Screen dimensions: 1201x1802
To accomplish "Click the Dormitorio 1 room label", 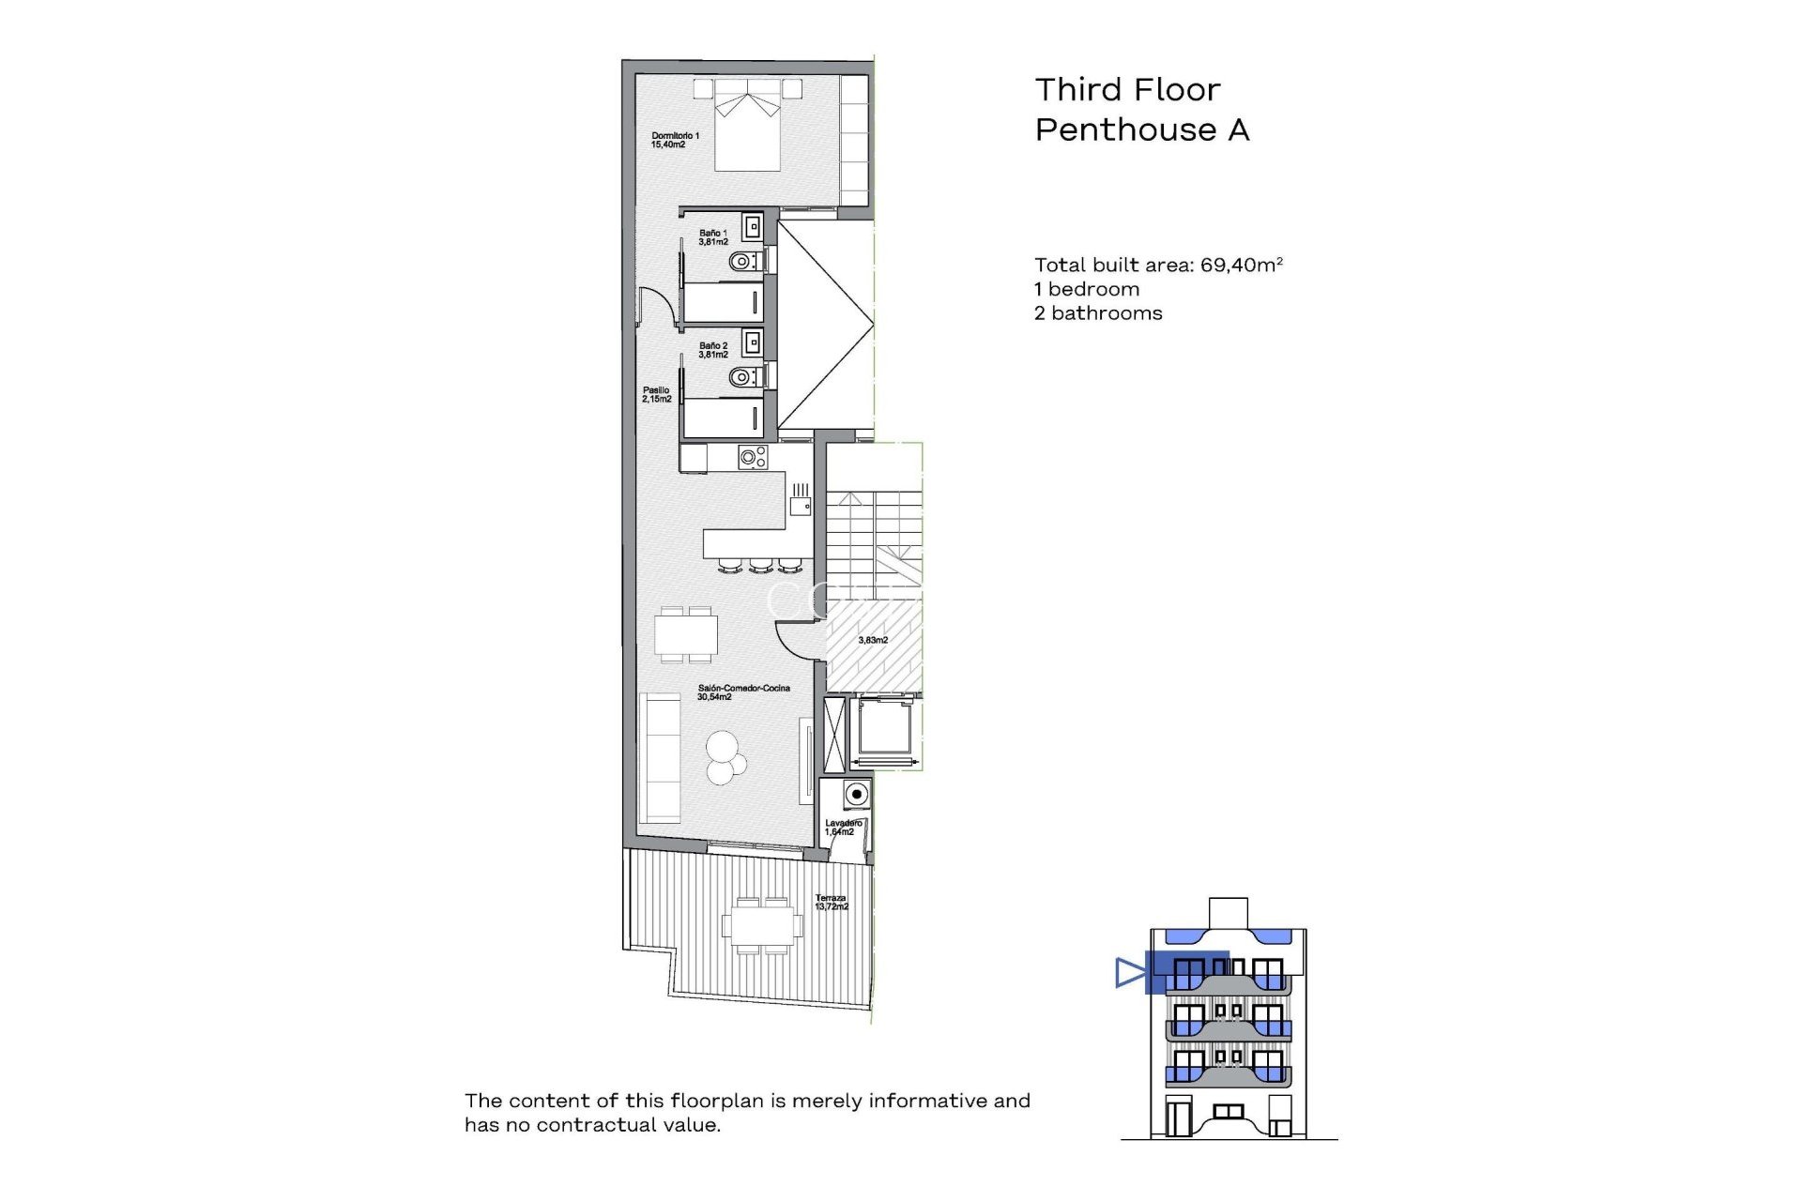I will (x=675, y=141).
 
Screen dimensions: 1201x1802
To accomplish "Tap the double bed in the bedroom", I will (x=748, y=131).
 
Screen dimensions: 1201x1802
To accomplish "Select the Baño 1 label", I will (x=712, y=237).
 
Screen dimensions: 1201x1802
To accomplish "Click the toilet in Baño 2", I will (x=743, y=377).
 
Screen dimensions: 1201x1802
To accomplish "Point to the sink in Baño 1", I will (x=753, y=227).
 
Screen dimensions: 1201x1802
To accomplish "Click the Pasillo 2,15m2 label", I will (x=656, y=395).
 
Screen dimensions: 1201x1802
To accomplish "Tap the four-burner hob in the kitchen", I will (x=753, y=458).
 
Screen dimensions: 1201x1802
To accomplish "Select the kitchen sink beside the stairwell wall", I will (x=800, y=505).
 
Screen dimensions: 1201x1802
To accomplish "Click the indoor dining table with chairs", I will (x=686, y=635).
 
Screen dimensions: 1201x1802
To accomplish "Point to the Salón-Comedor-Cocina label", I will (x=742, y=692).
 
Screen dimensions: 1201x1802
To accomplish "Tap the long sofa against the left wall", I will (x=660, y=758).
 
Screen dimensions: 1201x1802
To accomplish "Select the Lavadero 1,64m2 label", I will (x=842, y=828).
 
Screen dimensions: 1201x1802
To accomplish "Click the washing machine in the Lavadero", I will (x=855, y=795).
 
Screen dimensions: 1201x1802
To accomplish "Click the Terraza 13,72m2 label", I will (x=831, y=903).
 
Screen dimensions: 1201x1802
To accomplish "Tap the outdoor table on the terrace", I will (x=762, y=926).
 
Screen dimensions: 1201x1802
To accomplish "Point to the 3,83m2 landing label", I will (x=873, y=640).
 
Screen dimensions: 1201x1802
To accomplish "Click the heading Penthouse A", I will (x=1141, y=129).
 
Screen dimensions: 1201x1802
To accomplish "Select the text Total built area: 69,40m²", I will (x=1157, y=266).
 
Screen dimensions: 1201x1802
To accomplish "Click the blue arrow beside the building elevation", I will (x=1129, y=973).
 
